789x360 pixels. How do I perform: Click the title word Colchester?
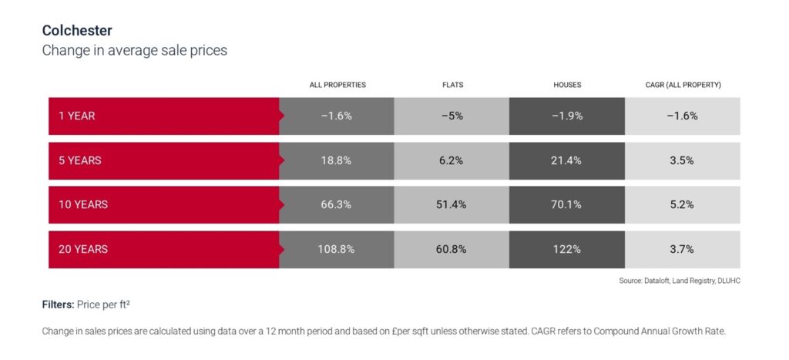(77, 31)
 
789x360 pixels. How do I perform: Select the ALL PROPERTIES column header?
(337, 85)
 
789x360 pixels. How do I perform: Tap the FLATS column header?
(452, 85)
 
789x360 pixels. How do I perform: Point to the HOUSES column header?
(567, 85)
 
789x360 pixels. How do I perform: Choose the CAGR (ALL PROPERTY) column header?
(683, 85)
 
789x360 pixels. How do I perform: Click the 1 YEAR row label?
(77, 116)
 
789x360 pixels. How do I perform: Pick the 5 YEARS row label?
(80, 160)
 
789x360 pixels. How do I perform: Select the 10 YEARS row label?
(83, 205)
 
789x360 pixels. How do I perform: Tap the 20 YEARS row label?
(83, 249)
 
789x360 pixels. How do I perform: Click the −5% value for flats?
(452, 116)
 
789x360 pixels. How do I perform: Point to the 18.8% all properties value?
(337, 160)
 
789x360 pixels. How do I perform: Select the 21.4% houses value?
(567, 160)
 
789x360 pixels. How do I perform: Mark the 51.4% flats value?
(452, 205)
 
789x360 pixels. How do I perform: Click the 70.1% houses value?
(567, 205)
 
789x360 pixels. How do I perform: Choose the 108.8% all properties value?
(337, 249)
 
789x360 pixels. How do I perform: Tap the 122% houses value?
(567, 249)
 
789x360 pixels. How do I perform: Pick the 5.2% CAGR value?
(682, 205)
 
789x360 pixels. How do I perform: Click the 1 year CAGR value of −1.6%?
(682, 116)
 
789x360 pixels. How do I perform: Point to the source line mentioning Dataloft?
(679, 281)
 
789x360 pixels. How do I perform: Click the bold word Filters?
(58, 304)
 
